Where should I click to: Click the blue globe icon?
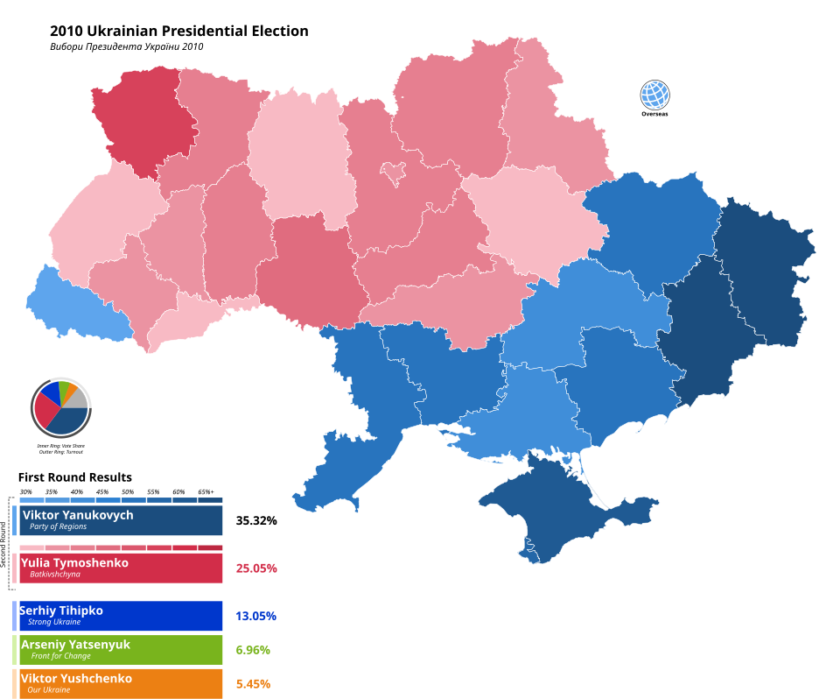click(654, 95)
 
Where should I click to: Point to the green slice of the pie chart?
click(64, 388)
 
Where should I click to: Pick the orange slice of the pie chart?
click(72, 390)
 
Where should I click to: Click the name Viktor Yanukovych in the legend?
click(78, 515)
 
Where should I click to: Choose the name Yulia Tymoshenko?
click(74, 562)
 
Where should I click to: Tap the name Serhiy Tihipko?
click(61, 611)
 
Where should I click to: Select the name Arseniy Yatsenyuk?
click(75, 645)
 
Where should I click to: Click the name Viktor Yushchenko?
click(76, 679)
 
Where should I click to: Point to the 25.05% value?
click(256, 568)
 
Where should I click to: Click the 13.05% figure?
click(255, 616)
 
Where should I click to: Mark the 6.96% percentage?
click(253, 650)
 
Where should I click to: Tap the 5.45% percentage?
click(253, 683)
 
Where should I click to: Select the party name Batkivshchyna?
click(55, 575)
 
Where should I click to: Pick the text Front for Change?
click(61, 656)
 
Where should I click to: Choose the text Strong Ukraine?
click(54, 622)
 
